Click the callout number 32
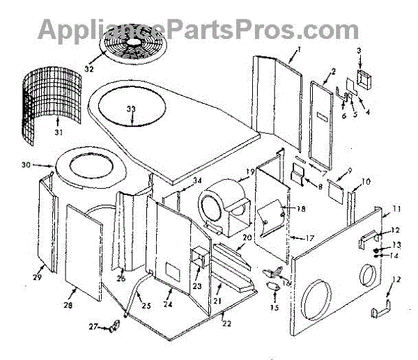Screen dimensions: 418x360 click(x=88, y=69)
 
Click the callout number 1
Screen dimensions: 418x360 click(x=297, y=49)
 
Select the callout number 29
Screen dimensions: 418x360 click(x=37, y=277)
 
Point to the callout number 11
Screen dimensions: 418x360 click(x=396, y=208)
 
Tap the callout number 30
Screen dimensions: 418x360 click(x=46, y=166)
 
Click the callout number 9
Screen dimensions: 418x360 click(x=348, y=171)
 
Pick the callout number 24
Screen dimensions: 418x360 click(x=167, y=304)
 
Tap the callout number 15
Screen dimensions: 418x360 click(x=274, y=306)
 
